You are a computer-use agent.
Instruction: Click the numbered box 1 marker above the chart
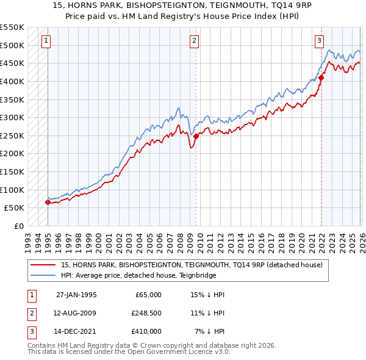tap(46, 41)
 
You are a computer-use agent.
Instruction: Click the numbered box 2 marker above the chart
tap(194, 41)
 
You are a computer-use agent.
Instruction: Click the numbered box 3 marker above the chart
tap(319, 41)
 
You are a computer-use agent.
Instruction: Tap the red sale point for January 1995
tap(48, 202)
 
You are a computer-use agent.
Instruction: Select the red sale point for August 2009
tap(196, 136)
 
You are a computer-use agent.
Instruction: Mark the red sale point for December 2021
tap(321, 77)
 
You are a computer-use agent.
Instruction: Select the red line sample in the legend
tap(43, 265)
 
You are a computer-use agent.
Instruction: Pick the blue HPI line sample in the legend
tap(43, 275)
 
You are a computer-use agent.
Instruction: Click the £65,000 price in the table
tap(148, 295)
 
